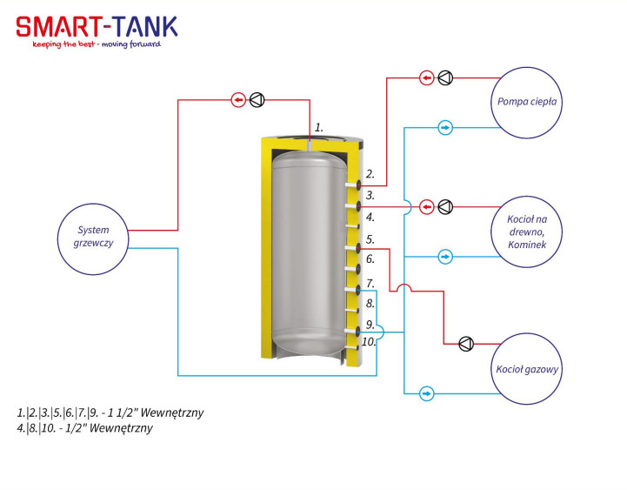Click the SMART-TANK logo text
pyautogui.click(x=97, y=27)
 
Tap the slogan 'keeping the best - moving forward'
pyautogui.click(x=97, y=44)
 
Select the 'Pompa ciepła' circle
pyautogui.click(x=527, y=103)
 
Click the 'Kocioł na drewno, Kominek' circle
pyautogui.click(x=527, y=232)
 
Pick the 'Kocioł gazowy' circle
pyautogui.click(x=527, y=369)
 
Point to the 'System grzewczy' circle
pyautogui.click(x=93, y=239)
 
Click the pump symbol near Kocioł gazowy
pyautogui.click(x=466, y=344)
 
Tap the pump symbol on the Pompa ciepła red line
pyautogui.click(x=445, y=77)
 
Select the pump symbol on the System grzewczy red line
pyautogui.click(x=257, y=100)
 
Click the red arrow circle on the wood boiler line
pyautogui.click(x=427, y=207)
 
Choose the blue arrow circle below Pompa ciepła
pyautogui.click(x=445, y=128)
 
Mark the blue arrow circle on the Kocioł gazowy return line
pyautogui.click(x=427, y=393)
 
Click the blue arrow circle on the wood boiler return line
pyautogui.click(x=445, y=257)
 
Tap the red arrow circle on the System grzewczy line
pyautogui.click(x=239, y=100)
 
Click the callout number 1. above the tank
pyautogui.click(x=318, y=128)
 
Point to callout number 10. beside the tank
pyautogui.click(x=369, y=341)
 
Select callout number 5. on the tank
pyautogui.click(x=370, y=239)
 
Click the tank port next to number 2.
pyautogui.click(x=353, y=185)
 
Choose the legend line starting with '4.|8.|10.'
pyautogui.click(x=84, y=428)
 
